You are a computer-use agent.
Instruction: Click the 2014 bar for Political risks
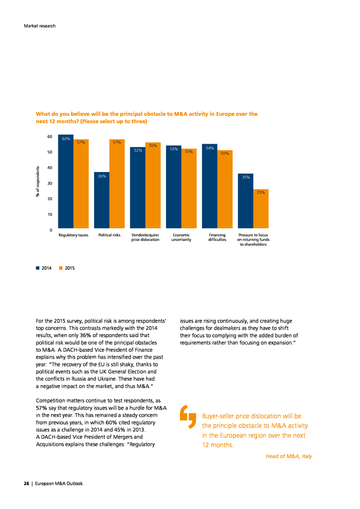point(102,200)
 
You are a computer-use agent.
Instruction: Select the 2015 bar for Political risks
point(117,184)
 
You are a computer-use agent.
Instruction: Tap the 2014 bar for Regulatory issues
point(66,182)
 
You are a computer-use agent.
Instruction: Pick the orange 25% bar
point(261,209)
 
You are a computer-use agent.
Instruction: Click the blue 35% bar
point(246,201)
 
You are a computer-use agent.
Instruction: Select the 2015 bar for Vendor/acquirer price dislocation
point(153,186)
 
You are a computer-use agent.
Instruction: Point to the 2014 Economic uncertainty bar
point(174,187)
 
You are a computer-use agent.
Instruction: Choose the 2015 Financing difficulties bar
point(225,189)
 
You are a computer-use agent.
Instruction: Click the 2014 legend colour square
point(38,268)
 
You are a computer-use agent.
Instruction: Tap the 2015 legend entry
point(67,268)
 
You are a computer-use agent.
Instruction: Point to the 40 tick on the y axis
point(50,168)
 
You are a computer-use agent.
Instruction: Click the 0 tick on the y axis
point(51,230)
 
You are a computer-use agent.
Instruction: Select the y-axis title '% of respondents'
point(38,182)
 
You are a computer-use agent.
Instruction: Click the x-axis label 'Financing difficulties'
point(217,238)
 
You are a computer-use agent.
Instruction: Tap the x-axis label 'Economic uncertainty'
point(181,238)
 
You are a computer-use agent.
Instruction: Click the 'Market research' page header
point(40,26)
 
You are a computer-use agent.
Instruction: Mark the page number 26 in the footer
point(26,484)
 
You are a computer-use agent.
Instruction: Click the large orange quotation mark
point(188,416)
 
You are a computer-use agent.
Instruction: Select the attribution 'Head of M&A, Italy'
point(289,456)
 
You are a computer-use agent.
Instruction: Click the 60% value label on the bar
point(66,139)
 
